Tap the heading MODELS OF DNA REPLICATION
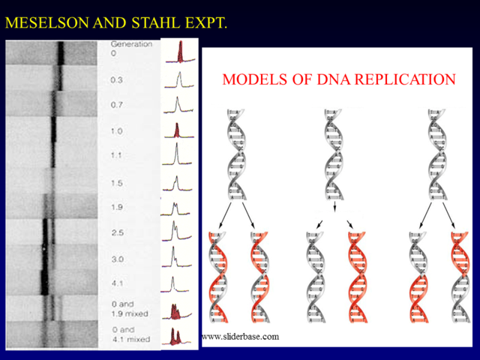pyautogui.click(x=339, y=79)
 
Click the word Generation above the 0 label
pyautogui.click(x=130, y=44)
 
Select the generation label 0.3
pyautogui.click(x=116, y=79)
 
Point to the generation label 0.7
pyautogui.click(x=116, y=105)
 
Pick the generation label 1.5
pyautogui.click(x=116, y=183)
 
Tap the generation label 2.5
pyautogui.click(x=116, y=233)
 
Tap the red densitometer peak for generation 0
pyautogui.click(x=180, y=52)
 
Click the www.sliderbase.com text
pyautogui.click(x=240, y=337)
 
